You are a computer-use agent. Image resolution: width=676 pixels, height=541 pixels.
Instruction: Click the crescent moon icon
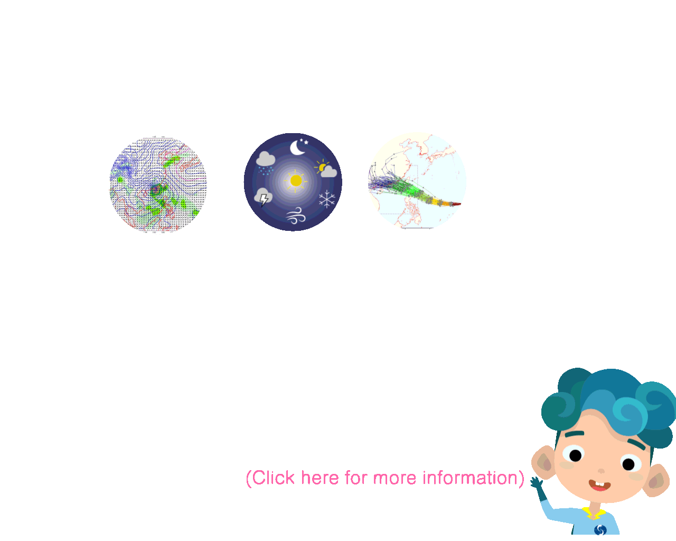click(296, 148)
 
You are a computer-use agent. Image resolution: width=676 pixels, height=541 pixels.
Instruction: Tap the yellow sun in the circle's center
click(296, 181)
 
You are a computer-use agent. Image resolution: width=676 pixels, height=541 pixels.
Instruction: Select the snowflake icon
click(327, 199)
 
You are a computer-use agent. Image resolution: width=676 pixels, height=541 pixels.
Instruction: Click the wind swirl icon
click(296, 216)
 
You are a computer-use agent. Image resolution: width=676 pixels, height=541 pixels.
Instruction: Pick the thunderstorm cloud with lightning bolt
click(263, 197)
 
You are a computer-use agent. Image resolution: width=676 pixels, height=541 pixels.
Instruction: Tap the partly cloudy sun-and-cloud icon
click(326, 169)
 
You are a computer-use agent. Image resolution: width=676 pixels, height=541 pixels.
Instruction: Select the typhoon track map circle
click(417, 181)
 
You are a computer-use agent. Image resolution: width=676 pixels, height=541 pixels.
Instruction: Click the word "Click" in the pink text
click(273, 478)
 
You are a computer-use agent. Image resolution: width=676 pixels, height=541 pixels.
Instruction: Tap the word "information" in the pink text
click(470, 478)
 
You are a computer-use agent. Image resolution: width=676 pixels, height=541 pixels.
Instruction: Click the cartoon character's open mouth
click(599, 486)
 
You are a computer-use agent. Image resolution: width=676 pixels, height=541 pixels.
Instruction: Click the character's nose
click(601, 471)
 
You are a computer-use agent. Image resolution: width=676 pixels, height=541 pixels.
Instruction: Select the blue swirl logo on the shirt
click(600, 530)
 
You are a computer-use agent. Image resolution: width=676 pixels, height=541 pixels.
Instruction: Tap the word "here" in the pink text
click(320, 478)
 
